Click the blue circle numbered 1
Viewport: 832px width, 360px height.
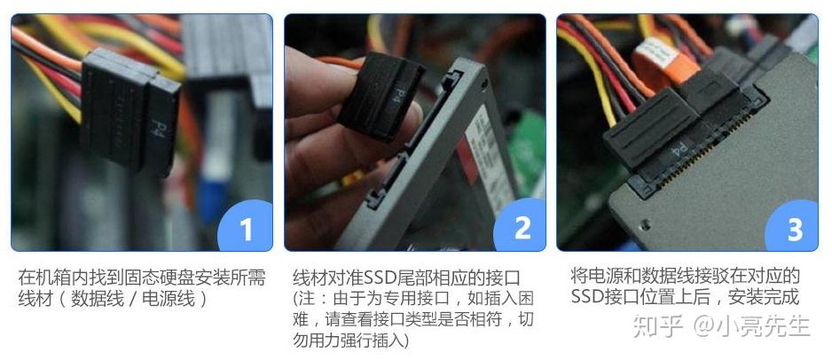point(246,226)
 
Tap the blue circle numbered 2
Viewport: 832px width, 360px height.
point(520,226)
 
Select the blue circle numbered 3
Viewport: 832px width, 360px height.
point(793,226)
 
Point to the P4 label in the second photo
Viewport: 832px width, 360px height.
point(397,93)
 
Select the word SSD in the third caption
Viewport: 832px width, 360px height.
point(586,297)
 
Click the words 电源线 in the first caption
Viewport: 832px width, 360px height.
point(169,300)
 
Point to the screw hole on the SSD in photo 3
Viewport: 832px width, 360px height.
point(645,224)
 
